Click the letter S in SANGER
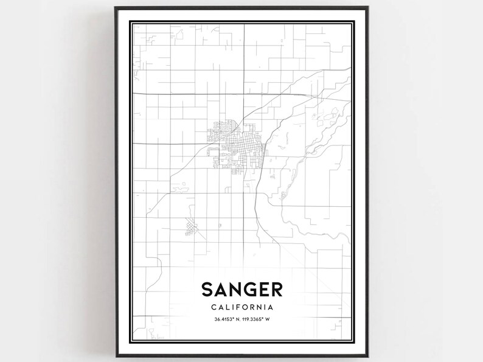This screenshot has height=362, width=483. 206,290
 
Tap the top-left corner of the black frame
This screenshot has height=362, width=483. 116,8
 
